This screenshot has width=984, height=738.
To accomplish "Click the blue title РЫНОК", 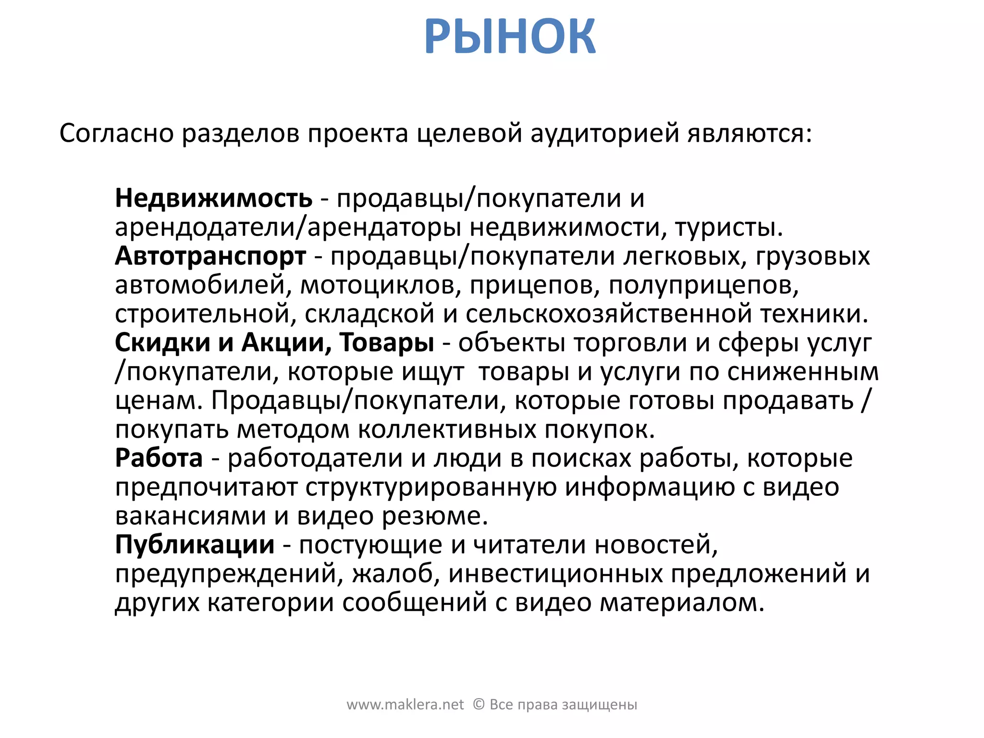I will click(510, 37).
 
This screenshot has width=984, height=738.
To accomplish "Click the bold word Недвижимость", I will click(214, 198).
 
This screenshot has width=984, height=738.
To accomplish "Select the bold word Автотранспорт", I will click(210, 256).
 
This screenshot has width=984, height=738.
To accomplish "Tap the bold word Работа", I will click(159, 457).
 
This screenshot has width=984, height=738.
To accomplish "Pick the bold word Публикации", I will click(195, 544).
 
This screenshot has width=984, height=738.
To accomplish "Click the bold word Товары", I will click(387, 343).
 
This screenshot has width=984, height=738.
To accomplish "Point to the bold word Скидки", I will click(162, 343).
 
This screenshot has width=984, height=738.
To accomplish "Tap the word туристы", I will click(729, 227).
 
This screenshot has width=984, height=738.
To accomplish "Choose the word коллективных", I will click(447, 429).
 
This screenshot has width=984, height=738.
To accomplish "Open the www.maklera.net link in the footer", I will click(405, 705).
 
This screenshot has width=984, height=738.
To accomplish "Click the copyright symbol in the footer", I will click(479, 704).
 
